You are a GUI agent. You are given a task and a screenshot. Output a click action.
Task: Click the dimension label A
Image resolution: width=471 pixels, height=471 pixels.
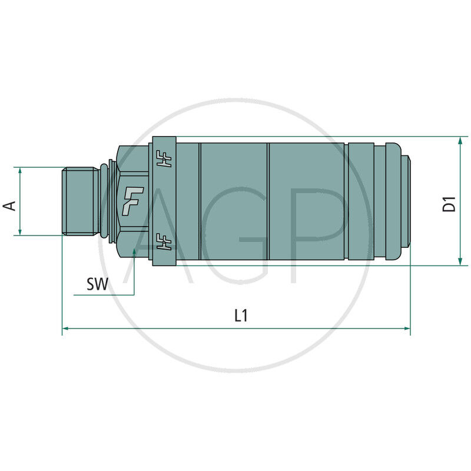click(x=9, y=205)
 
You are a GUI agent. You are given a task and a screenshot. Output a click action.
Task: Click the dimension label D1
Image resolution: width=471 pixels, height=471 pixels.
click(x=449, y=204)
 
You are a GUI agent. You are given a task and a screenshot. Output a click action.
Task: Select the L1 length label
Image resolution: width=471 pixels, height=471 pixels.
click(x=241, y=316)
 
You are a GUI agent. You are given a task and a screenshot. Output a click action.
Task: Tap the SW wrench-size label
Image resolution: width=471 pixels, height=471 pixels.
click(x=97, y=284)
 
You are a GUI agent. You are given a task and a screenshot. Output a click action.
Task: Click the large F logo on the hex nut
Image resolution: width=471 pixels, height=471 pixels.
click(x=132, y=201)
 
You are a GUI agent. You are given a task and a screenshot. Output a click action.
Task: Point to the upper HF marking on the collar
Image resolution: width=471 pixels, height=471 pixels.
click(x=164, y=158)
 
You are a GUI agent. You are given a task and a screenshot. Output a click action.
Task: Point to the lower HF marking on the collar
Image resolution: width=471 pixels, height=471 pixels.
click(x=164, y=241)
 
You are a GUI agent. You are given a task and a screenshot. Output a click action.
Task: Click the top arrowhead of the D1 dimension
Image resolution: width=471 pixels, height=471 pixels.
click(x=460, y=141)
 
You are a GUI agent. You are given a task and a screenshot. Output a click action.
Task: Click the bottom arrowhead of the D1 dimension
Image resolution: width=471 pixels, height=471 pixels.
click(x=460, y=261)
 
